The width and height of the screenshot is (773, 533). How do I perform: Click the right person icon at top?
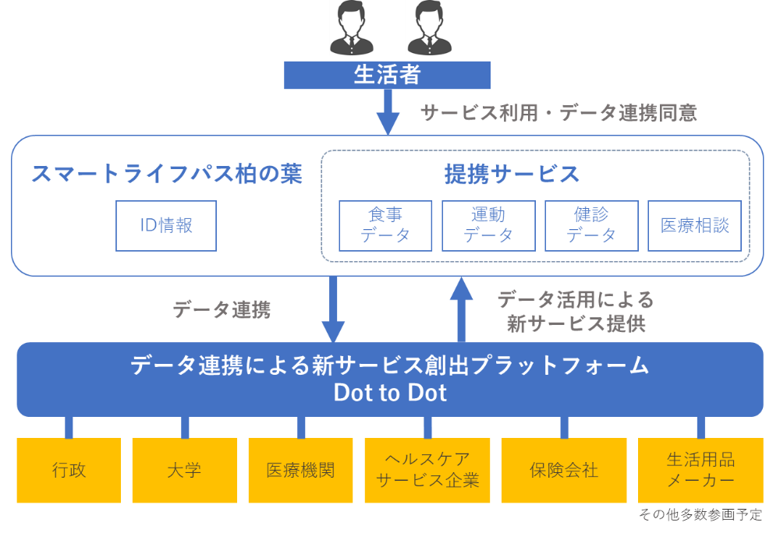pyautogui.click(x=424, y=28)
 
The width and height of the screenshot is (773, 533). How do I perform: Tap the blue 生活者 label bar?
pyautogui.click(x=387, y=75)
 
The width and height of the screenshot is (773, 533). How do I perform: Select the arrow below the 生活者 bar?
pyautogui.click(x=388, y=111)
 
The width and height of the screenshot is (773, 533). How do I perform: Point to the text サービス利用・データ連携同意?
pyautogui.click(x=558, y=113)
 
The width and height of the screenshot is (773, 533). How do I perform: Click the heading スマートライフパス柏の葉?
pyautogui.click(x=166, y=174)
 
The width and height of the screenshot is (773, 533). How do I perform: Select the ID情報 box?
pyautogui.click(x=166, y=226)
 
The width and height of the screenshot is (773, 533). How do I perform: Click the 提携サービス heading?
pyautogui.click(x=512, y=174)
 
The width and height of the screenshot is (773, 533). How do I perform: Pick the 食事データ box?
pyautogui.click(x=385, y=225)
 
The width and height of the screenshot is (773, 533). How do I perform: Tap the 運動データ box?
pyautogui.click(x=488, y=225)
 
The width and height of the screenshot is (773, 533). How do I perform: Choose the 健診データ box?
pyautogui.click(x=591, y=225)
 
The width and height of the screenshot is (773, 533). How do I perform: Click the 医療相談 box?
pyautogui.click(x=694, y=225)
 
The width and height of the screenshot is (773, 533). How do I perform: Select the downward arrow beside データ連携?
pyautogui.click(x=334, y=309)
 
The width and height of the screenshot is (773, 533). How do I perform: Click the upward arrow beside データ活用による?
pyautogui.click(x=462, y=309)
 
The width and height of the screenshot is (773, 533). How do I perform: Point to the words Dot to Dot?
pyautogui.click(x=390, y=393)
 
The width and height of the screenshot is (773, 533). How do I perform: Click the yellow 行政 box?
pyautogui.click(x=69, y=470)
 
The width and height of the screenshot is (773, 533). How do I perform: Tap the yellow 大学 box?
pyautogui.click(x=184, y=470)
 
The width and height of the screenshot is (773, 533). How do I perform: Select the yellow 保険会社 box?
pyautogui.click(x=563, y=470)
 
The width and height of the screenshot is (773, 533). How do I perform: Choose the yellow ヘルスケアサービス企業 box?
pyautogui.click(x=427, y=470)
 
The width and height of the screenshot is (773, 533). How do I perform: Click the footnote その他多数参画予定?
pyautogui.click(x=700, y=515)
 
